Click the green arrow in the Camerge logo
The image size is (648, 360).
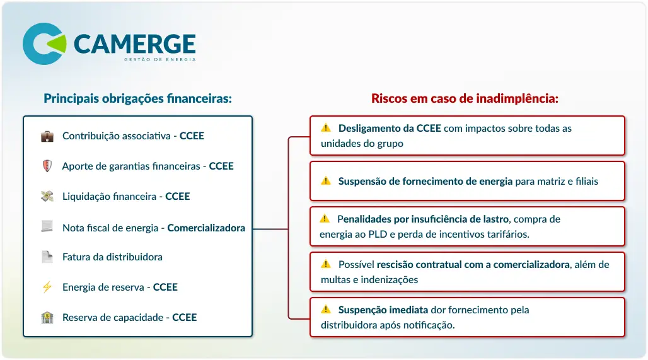tap(58, 44)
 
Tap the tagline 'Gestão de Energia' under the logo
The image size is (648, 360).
tap(160, 59)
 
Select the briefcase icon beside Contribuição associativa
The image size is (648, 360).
tap(47, 136)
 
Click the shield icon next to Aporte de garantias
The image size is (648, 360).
tap(47, 166)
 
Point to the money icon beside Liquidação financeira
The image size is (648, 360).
tap(47, 196)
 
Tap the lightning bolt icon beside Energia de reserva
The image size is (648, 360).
tap(47, 287)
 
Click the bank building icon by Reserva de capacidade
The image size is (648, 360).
tap(47, 317)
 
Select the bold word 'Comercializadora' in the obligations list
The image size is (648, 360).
tap(205, 228)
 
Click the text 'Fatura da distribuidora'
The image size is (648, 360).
tap(112, 257)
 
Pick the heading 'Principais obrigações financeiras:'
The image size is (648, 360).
tap(137, 98)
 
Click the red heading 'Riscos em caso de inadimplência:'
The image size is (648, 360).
tap(465, 98)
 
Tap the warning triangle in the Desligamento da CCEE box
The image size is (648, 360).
tap(326, 128)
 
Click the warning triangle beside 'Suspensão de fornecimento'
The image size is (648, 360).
tap(326, 180)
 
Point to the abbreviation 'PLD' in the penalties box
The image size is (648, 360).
tap(378, 235)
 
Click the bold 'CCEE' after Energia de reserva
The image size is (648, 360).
tap(165, 287)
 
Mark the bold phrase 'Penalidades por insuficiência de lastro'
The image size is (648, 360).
tap(423, 219)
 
